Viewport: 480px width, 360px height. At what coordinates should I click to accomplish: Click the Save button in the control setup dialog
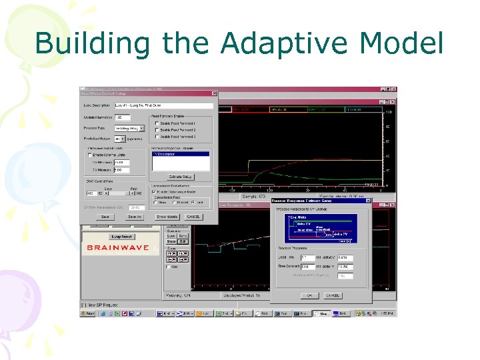tap(105, 217)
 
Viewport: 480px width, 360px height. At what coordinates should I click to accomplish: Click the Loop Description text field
tap(164, 105)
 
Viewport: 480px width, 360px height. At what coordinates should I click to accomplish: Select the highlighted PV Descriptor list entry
tap(180, 154)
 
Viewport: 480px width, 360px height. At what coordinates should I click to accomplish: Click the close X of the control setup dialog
tap(214, 93)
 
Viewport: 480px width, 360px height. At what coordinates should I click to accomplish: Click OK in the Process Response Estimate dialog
tap(309, 295)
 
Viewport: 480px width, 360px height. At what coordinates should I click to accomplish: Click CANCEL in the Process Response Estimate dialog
tap(333, 295)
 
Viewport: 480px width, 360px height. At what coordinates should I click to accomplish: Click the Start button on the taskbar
tap(89, 313)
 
